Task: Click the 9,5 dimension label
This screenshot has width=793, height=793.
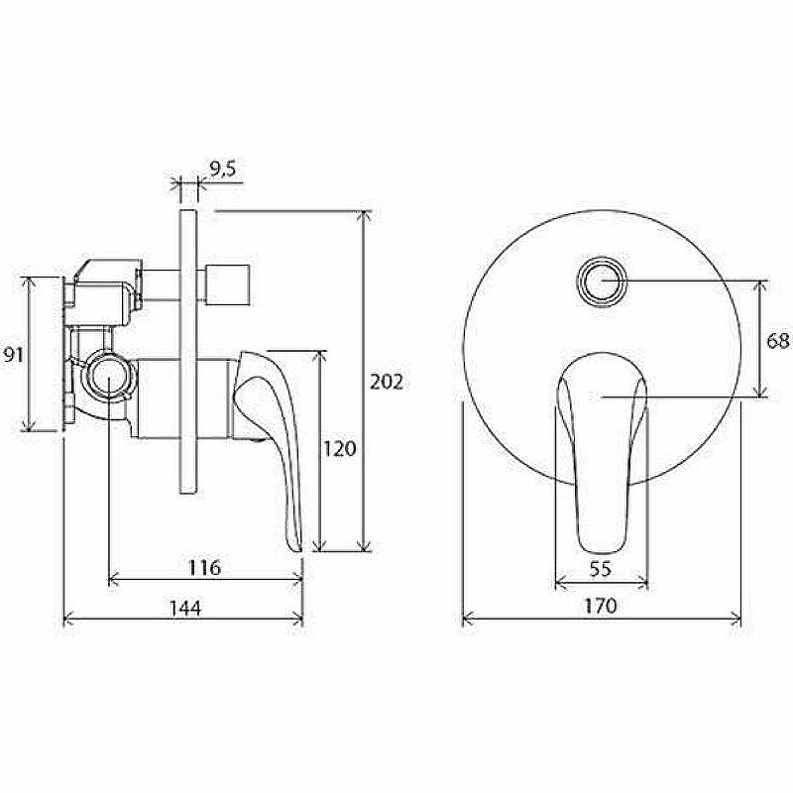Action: point(223,170)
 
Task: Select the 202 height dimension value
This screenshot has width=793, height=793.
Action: point(387,382)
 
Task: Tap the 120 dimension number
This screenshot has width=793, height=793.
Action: point(339,449)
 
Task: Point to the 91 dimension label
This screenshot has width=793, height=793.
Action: point(13,355)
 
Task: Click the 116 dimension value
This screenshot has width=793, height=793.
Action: point(205,568)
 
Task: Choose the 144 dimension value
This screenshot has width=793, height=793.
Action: point(185,608)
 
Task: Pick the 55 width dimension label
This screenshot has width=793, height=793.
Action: point(601,569)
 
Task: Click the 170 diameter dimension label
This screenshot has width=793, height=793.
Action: point(601,606)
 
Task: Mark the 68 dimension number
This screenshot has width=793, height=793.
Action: point(778,341)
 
